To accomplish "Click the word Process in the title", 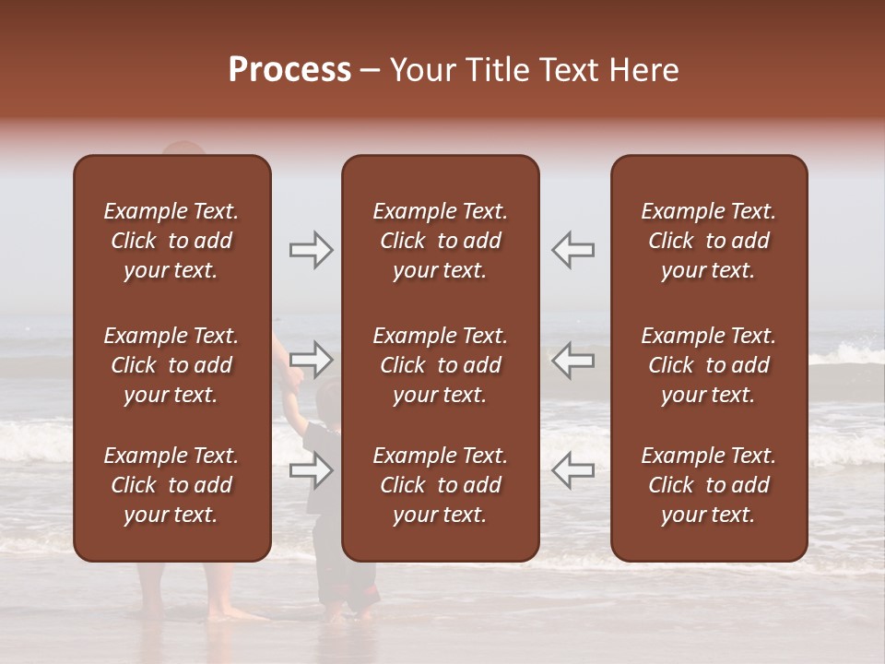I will [x=289, y=70].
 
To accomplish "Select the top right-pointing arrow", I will [x=312, y=250].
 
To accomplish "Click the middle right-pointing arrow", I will [x=312, y=359].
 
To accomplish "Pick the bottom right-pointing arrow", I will [x=312, y=470].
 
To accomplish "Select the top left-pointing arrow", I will [x=572, y=250].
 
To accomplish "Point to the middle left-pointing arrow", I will [x=572, y=359].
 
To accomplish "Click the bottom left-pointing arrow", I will [x=572, y=470].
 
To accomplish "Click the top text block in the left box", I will [x=171, y=241].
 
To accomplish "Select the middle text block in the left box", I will [x=171, y=365].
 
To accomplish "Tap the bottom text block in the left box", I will [x=171, y=485].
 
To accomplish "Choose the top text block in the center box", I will [x=440, y=241].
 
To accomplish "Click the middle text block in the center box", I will [x=440, y=365].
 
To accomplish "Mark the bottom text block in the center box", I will [x=440, y=485].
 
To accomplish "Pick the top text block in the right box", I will [x=708, y=241].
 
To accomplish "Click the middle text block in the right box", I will [x=708, y=365].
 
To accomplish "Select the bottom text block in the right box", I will [x=708, y=485].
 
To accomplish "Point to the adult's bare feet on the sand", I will [x=235, y=613].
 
